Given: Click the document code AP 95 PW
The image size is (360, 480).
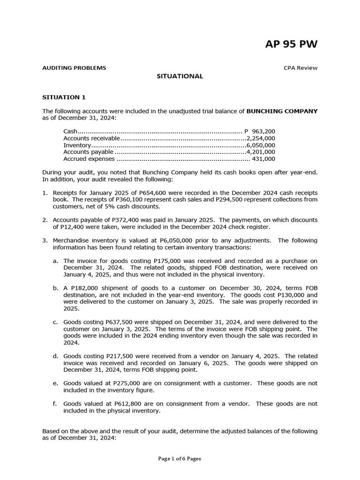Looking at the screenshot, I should pos(291,44).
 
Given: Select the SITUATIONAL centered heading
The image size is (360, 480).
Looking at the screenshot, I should pos(180,76).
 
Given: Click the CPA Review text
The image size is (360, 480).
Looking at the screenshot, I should pos(300,67).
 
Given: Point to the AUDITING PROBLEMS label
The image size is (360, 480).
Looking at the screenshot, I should pos(74,67).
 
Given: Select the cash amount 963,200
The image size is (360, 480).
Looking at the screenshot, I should pos(263,132).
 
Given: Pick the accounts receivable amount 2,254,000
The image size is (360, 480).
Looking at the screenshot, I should pos(261,138).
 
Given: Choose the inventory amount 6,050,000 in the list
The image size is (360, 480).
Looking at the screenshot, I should pos(261,145).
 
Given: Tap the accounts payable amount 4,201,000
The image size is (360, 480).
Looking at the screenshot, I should pos(261,152).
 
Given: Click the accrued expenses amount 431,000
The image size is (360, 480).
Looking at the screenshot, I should pos(263,159).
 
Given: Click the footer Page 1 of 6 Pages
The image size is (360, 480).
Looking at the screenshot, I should pos(180,459).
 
